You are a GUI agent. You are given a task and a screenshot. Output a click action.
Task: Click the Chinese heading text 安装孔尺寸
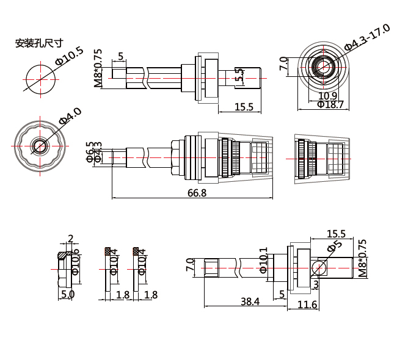[39, 43]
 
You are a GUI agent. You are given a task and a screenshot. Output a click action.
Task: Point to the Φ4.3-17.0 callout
[366, 37]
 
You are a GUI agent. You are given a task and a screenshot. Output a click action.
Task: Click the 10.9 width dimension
[327, 96]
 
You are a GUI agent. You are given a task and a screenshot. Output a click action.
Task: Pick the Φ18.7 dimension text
[330, 105]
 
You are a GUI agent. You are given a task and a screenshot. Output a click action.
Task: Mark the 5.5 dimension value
[239, 75]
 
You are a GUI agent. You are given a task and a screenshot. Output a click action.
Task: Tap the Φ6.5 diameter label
[90, 151]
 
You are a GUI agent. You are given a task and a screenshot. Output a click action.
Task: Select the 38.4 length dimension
[250, 301]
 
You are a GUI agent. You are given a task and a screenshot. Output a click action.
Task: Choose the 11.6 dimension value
[307, 304]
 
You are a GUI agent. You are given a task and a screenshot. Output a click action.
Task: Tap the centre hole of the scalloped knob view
[40, 145]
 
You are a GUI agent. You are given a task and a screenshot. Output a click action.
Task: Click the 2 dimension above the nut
[71, 238]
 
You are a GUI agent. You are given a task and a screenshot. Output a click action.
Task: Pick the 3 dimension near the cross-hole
[316, 284]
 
